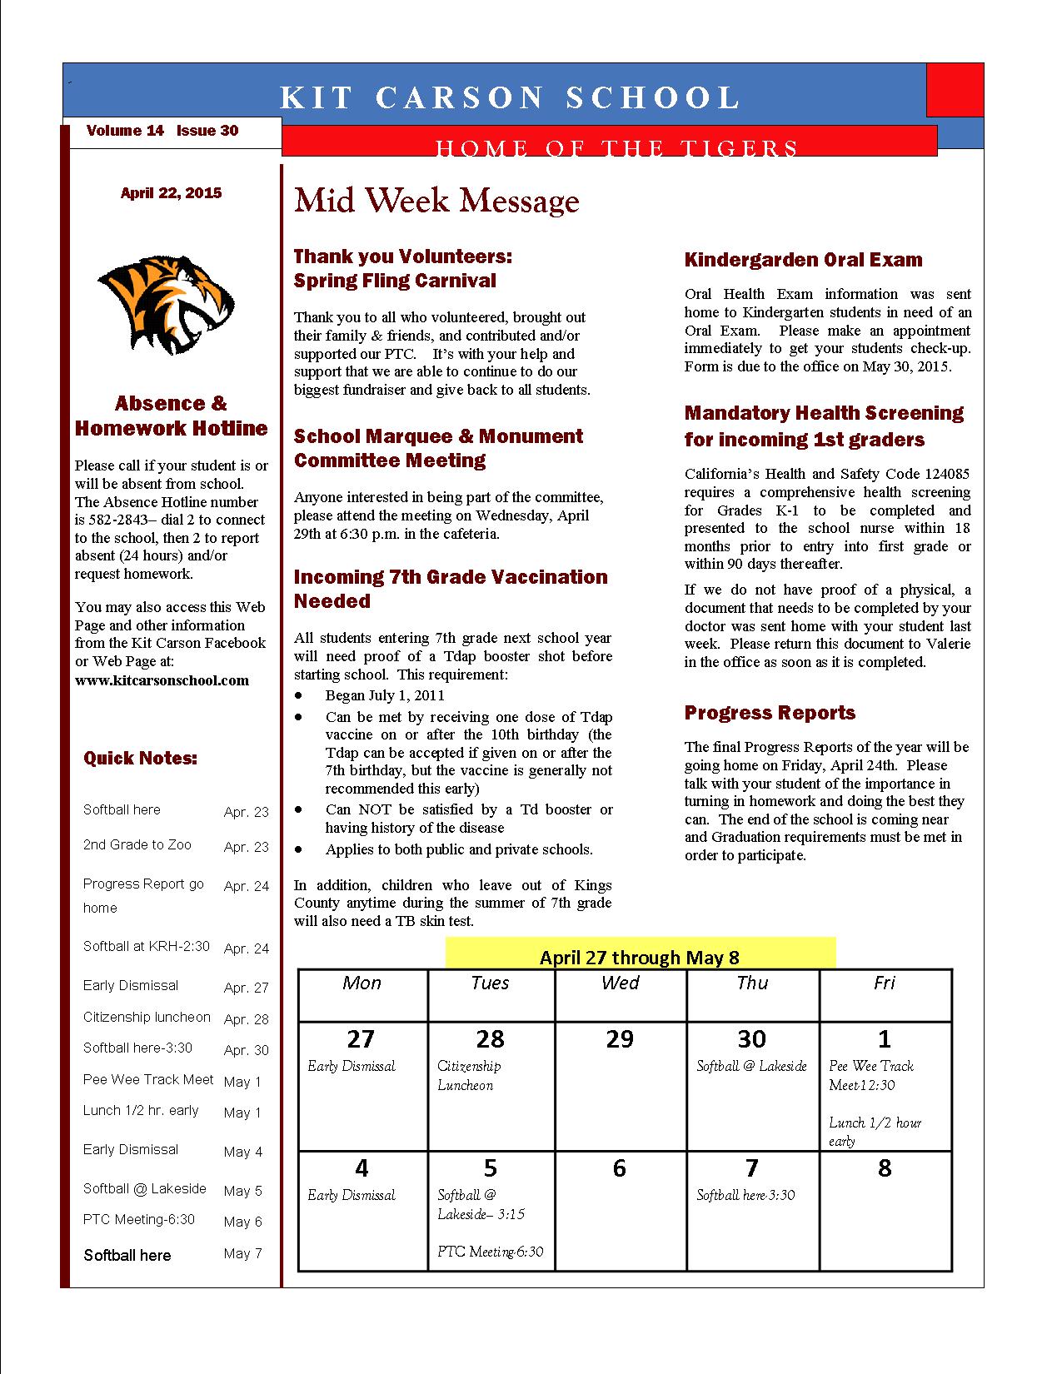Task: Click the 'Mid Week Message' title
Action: pyautogui.click(x=436, y=201)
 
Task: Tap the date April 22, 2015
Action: pyautogui.click(x=171, y=193)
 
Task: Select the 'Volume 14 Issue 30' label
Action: pyautogui.click(x=162, y=131)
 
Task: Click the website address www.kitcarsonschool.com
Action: pyautogui.click(x=162, y=680)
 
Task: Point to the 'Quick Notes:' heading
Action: pyautogui.click(x=140, y=759)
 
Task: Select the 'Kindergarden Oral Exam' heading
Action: pyautogui.click(x=803, y=260)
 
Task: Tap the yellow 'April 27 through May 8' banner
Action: pyautogui.click(x=640, y=957)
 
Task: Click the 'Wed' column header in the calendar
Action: pyautogui.click(x=620, y=983)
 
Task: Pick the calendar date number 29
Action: pyautogui.click(x=620, y=1039)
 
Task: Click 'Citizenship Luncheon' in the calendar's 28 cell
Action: pyautogui.click(x=469, y=1076)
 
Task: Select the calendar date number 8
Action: pyautogui.click(x=885, y=1168)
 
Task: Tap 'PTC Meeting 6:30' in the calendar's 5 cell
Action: pyautogui.click(x=491, y=1252)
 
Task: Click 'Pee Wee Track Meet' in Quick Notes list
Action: pyautogui.click(x=148, y=1080)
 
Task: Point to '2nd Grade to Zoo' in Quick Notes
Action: pyautogui.click(x=137, y=845)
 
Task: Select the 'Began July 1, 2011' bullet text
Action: pyautogui.click(x=385, y=695)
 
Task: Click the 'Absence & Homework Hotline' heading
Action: pyautogui.click(x=171, y=416)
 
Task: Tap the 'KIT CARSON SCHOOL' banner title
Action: pyautogui.click(x=510, y=98)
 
